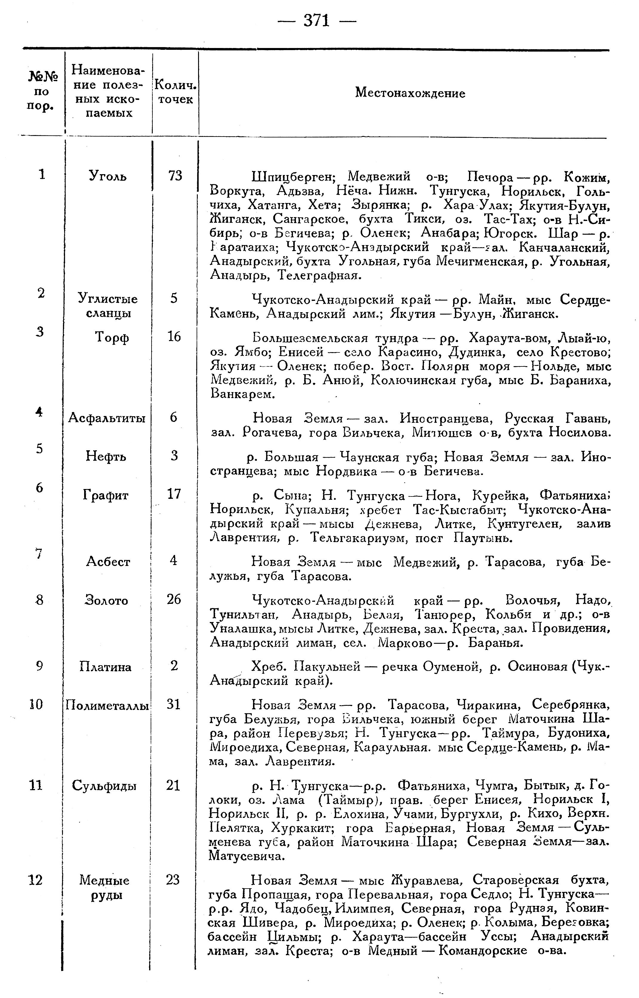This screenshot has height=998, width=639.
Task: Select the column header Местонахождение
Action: [x=410, y=93]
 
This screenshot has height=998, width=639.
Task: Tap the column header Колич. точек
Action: [x=175, y=92]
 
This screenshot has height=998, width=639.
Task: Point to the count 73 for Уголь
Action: [x=175, y=176]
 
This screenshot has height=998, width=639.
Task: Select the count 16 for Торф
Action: [x=174, y=336]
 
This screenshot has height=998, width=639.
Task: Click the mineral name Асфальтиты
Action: [x=107, y=417]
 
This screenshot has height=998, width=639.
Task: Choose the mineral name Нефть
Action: [x=106, y=456]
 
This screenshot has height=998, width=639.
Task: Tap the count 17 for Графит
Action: [x=174, y=494]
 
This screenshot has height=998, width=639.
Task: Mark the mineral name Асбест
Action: [x=108, y=561]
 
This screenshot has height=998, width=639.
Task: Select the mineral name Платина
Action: [x=105, y=667]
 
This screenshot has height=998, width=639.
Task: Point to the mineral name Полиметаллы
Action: [x=107, y=705]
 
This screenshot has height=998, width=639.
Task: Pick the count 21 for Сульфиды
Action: [x=173, y=785]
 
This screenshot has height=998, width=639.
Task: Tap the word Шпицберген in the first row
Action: [x=293, y=177]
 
